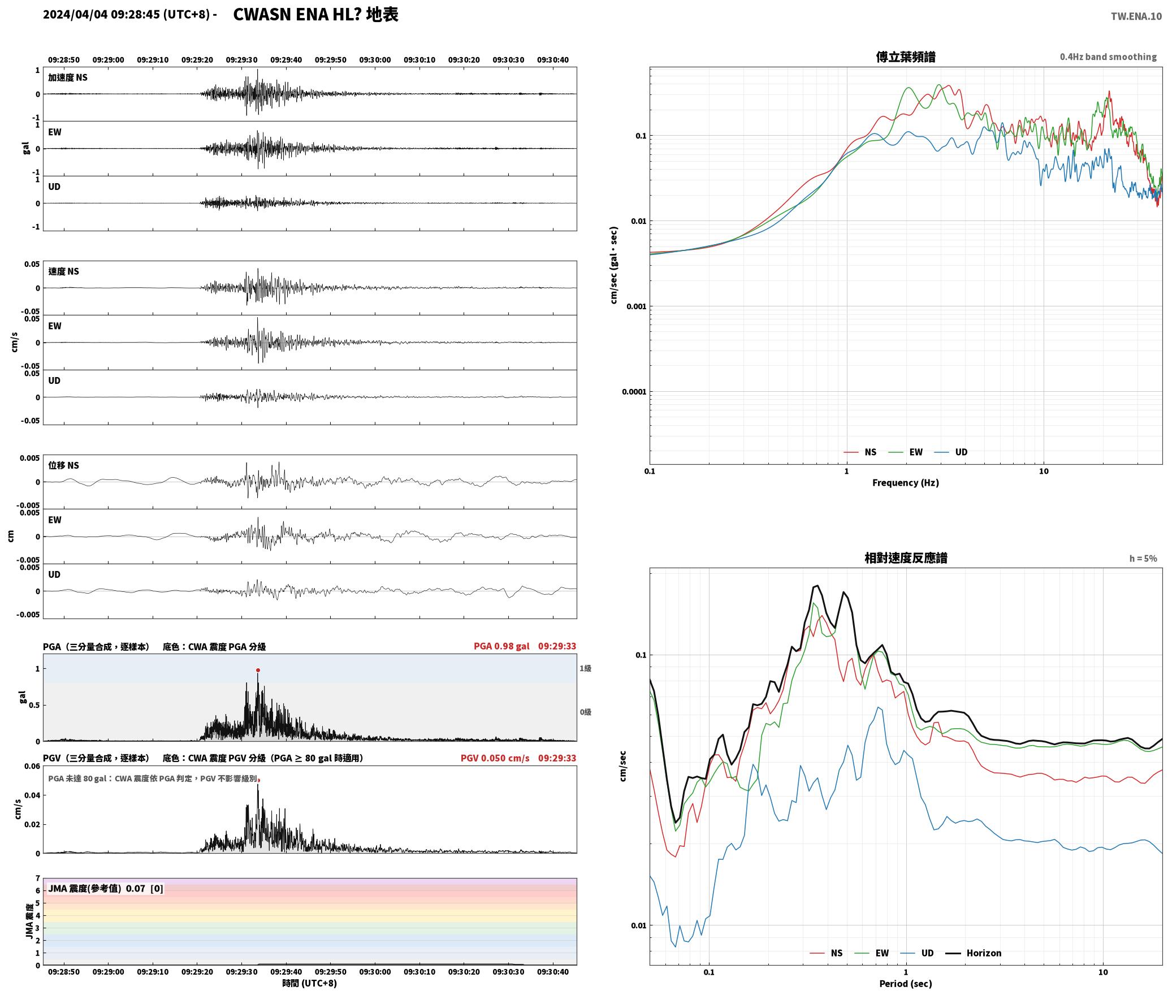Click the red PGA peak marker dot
click(258, 670)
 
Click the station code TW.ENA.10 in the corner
click(1136, 16)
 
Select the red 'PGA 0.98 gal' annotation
click(501, 646)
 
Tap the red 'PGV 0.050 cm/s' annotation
click(495, 758)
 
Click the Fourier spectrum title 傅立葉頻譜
click(906, 57)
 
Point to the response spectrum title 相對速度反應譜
click(906, 558)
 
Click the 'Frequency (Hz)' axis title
click(906, 483)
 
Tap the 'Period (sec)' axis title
click(906, 984)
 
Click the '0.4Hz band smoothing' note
click(1108, 57)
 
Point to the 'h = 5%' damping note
click(1143, 559)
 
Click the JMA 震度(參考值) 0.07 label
click(106, 889)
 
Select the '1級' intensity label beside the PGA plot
click(585, 669)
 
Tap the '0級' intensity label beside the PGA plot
click(585, 712)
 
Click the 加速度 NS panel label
click(68, 77)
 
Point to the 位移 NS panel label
click(64, 465)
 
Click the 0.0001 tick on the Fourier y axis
click(634, 392)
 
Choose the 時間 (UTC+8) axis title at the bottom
click(310, 983)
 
